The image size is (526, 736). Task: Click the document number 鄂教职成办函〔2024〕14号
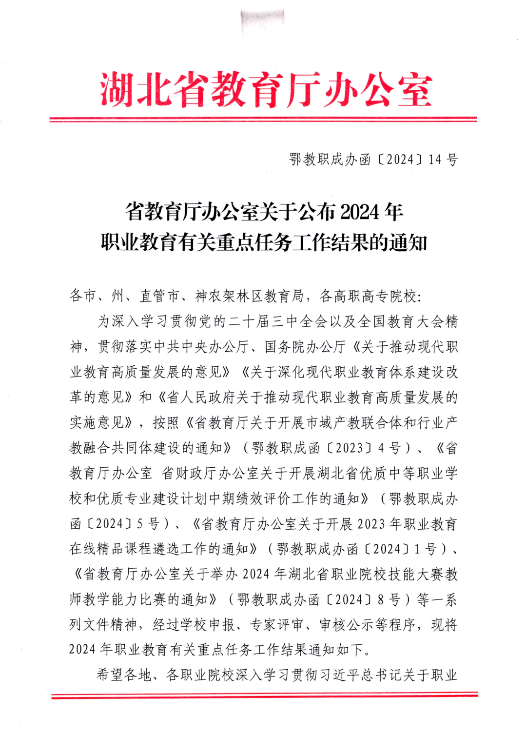click(x=373, y=159)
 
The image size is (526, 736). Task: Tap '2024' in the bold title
click(x=360, y=212)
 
